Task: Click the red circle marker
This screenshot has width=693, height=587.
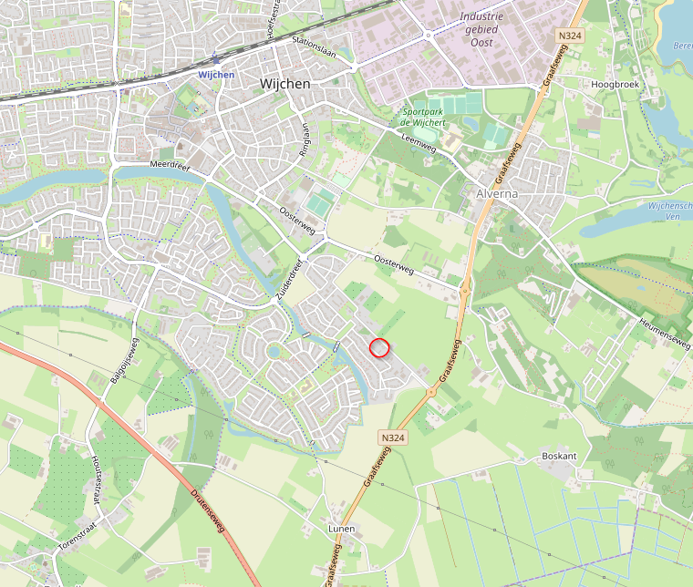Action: click(x=380, y=347)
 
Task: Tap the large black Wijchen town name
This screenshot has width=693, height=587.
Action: click(x=285, y=83)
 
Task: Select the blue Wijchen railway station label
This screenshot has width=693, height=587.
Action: click(x=216, y=74)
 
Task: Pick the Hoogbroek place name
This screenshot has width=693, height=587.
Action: click(x=615, y=84)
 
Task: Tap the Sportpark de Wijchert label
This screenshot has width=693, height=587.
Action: click(x=424, y=118)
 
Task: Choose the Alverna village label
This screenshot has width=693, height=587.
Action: click(x=498, y=194)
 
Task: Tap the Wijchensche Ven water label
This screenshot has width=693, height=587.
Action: click(x=669, y=211)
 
